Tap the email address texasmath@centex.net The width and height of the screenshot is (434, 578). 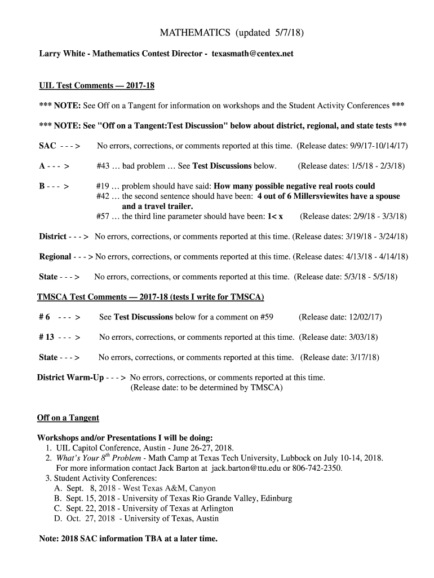tap(253, 54)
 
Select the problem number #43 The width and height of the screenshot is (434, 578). tap(102, 166)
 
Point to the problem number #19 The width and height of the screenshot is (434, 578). tap(102, 186)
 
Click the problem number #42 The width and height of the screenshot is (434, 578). tap(102, 196)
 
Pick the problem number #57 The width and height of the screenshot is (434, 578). tap(102, 216)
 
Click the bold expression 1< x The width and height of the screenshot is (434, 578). tap(275, 216)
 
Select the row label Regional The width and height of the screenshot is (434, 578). tap(55, 257)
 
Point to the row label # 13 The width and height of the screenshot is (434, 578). tap(46, 338)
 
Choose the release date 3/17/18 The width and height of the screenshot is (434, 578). tap(364, 357)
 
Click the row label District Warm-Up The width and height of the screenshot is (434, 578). tap(70, 378)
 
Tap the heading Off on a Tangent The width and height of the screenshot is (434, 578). tap(68, 418)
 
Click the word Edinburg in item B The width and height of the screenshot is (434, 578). tap(275, 498)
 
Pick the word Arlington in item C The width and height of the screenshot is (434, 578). tap(213, 509)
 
